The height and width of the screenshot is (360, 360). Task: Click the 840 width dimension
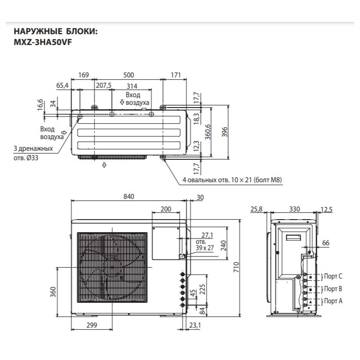click(130, 197)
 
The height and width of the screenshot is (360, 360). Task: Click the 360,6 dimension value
click(208, 132)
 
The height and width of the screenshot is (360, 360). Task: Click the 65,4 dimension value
click(63, 85)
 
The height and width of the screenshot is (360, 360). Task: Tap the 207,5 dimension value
click(103, 85)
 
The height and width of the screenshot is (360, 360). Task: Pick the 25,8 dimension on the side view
click(256, 209)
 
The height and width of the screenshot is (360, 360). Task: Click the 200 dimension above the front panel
click(166, 209)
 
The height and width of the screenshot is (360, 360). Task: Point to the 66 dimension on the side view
click(326, 243)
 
